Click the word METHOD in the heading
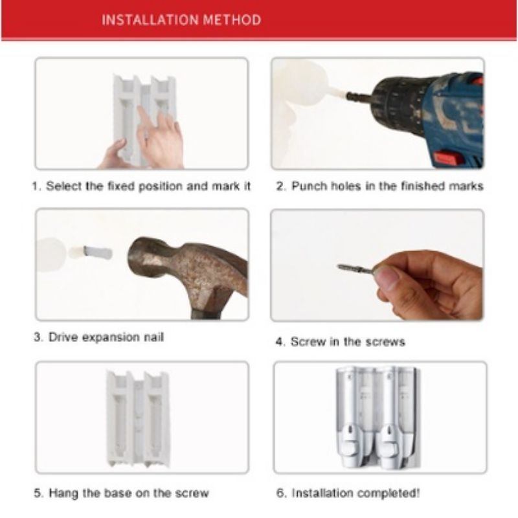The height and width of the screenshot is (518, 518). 232,20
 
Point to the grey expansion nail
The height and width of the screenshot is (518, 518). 98,253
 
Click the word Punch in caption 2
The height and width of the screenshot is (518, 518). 310,186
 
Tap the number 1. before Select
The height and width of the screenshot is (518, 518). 37,186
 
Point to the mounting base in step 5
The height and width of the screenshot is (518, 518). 138,418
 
